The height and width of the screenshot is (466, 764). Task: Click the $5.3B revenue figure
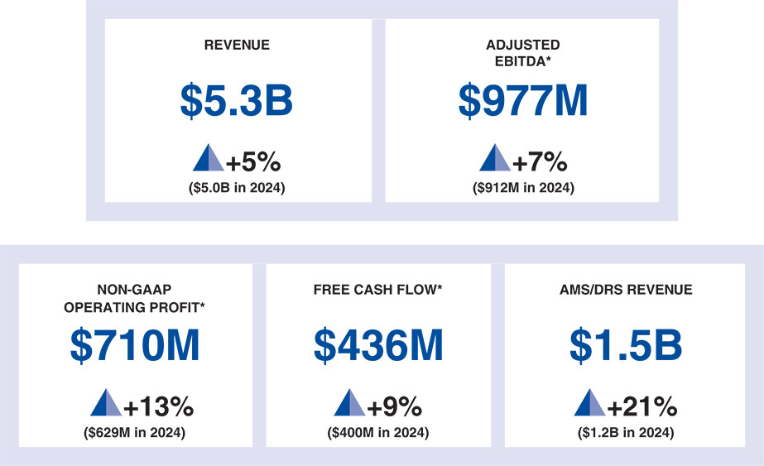(237, 101)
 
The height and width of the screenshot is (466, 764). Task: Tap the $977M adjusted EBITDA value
(523, 101)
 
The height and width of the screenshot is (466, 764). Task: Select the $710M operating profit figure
(135, 346)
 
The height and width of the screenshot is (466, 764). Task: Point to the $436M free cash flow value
(378, 346)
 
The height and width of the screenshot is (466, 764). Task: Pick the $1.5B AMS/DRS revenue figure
(626, 346)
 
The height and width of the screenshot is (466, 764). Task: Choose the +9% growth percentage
(394, 407)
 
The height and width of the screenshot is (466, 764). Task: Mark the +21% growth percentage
(641, 407)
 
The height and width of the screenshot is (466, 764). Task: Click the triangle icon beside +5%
(208, 158)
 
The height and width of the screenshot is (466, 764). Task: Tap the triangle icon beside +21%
(590, 403)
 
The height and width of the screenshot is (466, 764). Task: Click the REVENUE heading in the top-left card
(237, 46)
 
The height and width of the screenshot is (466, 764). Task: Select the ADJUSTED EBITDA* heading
(523, 53)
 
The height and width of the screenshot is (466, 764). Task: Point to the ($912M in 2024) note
(523, 188)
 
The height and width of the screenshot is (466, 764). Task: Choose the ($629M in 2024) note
(135, 432)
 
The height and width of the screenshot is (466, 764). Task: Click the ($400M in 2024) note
(378, 432)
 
